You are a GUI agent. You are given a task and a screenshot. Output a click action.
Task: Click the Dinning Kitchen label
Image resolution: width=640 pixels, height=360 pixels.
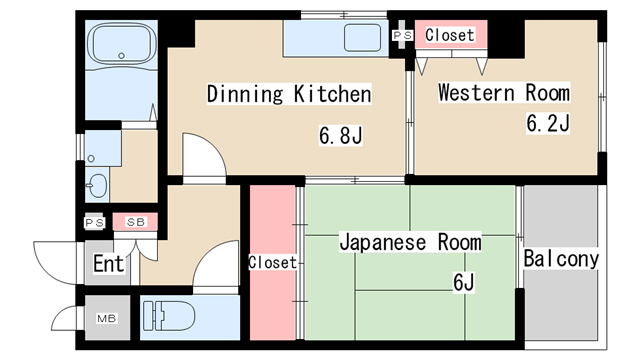(x=289, y=95)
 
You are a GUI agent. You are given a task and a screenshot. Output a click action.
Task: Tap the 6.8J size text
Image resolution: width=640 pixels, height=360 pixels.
(x=340, y=134)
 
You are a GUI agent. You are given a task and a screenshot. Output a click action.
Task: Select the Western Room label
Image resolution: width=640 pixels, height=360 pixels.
(x=504, y=93)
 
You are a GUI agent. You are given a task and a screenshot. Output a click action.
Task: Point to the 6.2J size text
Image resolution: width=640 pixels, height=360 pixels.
(x=548, y=124)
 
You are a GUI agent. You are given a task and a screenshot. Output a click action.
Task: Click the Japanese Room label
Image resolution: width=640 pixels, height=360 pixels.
(x=410, y=242)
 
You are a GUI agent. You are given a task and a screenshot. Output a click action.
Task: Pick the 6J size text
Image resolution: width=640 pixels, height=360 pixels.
(x=463, y=282)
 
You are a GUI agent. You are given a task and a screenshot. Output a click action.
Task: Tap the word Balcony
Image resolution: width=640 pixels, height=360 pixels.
(x=561, y=259)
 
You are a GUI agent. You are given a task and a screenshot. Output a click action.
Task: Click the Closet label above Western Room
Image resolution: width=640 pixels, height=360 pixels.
(x=450, y=35)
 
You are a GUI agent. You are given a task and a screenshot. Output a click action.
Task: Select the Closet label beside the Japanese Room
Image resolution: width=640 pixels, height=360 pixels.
(x=272, y=263)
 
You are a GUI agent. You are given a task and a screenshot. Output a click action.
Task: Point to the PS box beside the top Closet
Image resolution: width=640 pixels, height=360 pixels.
(x=402, y=35)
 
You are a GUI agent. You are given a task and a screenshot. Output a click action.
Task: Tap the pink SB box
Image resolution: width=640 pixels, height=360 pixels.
(x=133, y=222)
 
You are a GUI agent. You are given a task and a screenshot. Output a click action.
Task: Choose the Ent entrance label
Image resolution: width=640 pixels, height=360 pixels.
(x=109, y=265)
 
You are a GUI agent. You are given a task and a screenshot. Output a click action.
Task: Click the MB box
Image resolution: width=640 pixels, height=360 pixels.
(x=106, y=319)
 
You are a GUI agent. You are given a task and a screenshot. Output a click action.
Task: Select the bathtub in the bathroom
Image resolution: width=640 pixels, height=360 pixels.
(x=120, y=45)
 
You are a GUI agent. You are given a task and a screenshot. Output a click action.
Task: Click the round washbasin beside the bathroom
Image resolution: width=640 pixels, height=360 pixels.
(x=97, y=185)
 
